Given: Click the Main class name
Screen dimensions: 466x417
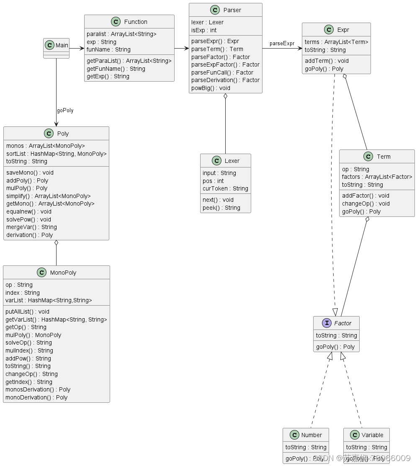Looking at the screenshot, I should [x=62, y=45].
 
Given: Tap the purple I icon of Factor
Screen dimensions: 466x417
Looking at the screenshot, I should [x=327, y=323].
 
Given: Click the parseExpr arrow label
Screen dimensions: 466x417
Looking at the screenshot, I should [x=282, y=44].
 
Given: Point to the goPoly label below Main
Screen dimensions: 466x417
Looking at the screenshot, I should [x=65, y=111].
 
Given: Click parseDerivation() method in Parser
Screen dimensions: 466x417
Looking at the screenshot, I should [x=225, y=80].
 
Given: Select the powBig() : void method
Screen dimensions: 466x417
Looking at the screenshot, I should [x=211, y=88].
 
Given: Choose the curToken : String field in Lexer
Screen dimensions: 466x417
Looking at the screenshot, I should [x=225, y=188].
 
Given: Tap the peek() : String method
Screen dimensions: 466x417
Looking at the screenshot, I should [x=221, y=208].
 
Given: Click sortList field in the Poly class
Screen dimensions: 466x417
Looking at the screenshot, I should [x=56, y=154].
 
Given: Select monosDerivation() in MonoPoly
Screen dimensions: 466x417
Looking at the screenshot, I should [x=38, y=389].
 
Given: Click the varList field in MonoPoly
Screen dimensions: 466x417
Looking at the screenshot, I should [x=49, y=300].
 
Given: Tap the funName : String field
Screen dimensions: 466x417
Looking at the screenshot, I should [x=108, y=49].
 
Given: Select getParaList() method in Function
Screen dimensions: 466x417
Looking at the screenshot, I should [x=129, y=61].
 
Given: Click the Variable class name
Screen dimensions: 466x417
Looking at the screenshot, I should [x=372, y=435].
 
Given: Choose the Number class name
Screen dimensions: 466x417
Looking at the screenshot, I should [x=311, y=435].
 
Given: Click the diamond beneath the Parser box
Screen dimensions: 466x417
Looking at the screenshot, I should [x=226, y=96].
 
